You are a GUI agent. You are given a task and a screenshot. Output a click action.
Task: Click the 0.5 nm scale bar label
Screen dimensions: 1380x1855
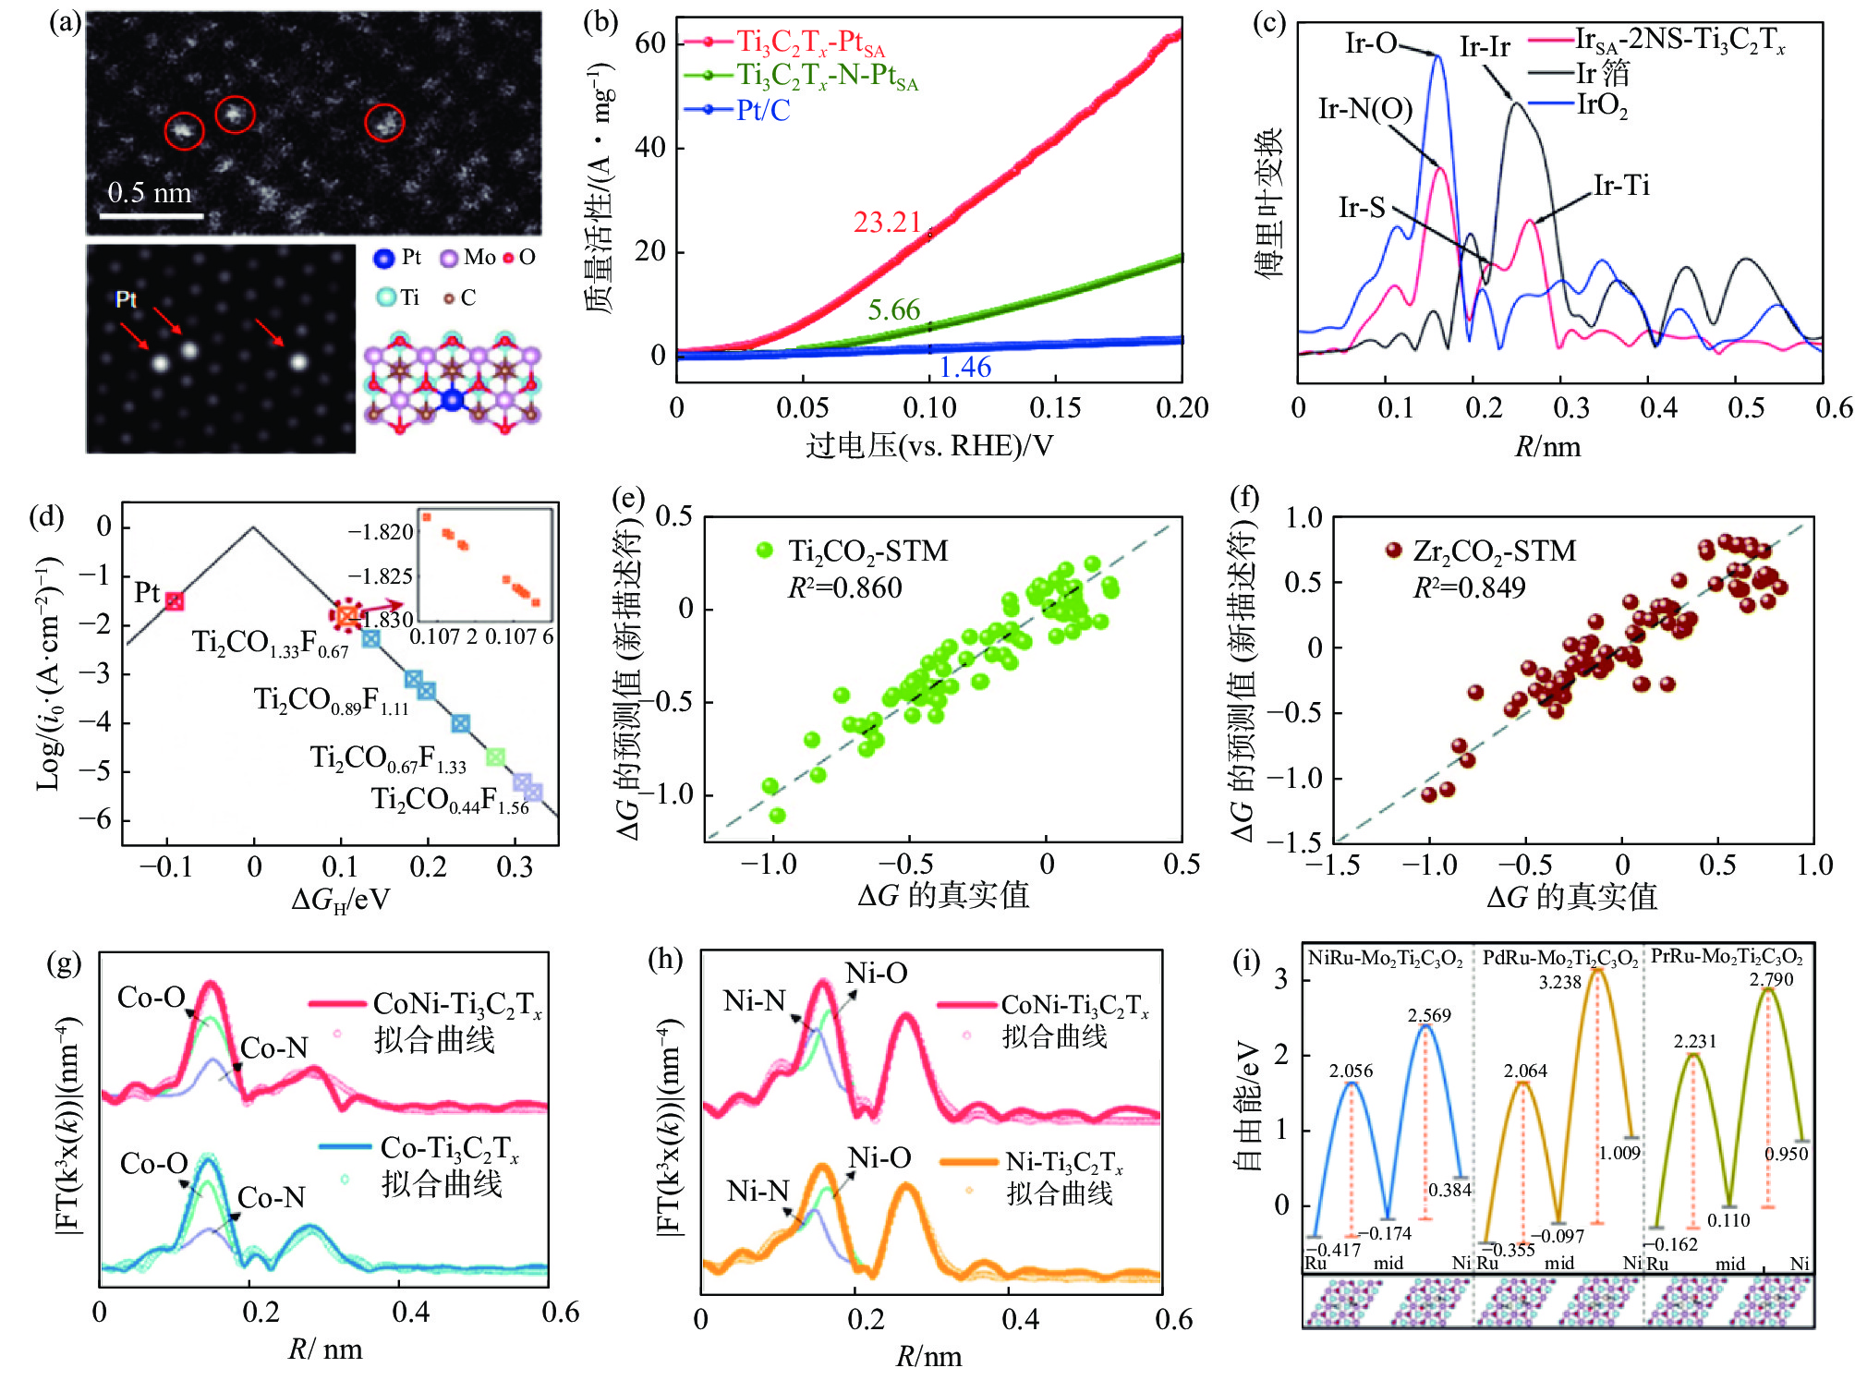click(149, 192)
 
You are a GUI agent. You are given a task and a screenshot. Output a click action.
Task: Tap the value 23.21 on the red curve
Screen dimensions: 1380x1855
click(887, 223)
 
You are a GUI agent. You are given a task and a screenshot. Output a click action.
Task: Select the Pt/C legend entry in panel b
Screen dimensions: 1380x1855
click(763, 111)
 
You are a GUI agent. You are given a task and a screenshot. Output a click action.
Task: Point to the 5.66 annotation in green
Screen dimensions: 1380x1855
click(893, 309)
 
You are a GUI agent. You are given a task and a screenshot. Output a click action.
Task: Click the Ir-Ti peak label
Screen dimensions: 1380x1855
click(1621, 186)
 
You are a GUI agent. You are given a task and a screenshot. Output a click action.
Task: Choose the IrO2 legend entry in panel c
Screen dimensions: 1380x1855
click(1602, 105)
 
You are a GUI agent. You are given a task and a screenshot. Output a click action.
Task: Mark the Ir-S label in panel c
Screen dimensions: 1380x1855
click(1362, 207)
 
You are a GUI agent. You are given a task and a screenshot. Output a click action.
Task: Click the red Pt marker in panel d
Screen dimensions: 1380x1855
click(174, 601)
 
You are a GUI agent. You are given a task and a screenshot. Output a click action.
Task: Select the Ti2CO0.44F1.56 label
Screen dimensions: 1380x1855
click(450, 800)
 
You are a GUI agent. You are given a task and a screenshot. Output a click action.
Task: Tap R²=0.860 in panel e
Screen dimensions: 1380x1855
click(844, 588)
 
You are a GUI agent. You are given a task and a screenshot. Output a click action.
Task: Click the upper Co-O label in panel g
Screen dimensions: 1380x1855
click(152, 998)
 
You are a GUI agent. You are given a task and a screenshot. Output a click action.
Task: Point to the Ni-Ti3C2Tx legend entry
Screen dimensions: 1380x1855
click(1063, 1162)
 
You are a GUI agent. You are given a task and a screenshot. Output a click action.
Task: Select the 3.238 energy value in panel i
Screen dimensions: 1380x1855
click(1559, 983)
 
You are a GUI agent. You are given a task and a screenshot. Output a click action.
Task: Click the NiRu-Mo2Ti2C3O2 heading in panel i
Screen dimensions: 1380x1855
click(1384, 958)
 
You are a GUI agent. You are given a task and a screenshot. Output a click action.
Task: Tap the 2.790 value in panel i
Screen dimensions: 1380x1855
click(1770, 979)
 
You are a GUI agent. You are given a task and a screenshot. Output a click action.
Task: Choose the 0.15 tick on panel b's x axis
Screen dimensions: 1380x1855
click(1055, 407)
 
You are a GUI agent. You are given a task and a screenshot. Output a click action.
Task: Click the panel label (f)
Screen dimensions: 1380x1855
click(1244, 499)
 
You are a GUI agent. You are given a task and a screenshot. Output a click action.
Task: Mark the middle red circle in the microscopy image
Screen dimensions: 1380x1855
click(235, 114)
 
